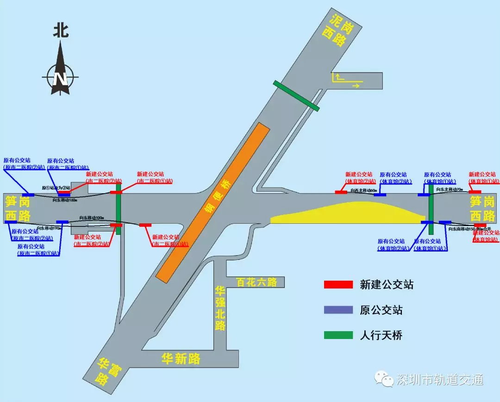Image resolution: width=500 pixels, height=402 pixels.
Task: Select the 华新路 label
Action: pyautogui.click(x=181, y=358)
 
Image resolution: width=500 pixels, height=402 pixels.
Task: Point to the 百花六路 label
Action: pyautogui.click(x=256, y=282)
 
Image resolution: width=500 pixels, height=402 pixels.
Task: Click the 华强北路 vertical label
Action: pyautogui.click(x=220, y=308)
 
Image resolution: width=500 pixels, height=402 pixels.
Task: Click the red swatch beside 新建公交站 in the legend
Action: pyautogui.click(x=337, y=285)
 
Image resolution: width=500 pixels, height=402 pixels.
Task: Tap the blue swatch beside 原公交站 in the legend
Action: pyautogui.click(x=337, y=310)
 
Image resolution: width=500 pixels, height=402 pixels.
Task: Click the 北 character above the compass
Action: pyautogui.click(x=60, y=31)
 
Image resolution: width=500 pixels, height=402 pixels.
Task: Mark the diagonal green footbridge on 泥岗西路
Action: pyautogui.click(x=296, y=96)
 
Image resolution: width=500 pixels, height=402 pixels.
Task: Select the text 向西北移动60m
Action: pyautogui.click(x=364, y=190)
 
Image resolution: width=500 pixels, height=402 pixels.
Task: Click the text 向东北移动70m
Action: pyautogui.click(x=450, y=189)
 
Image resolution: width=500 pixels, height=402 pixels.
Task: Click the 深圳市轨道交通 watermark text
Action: pyautogui.click(x=439, y=380)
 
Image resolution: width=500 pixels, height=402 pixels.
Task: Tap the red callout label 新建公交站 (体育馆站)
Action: pyautogui.click(x=486, y=236)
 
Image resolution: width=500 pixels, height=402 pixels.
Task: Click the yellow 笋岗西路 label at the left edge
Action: pyautogui.click(x=18, y=208)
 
